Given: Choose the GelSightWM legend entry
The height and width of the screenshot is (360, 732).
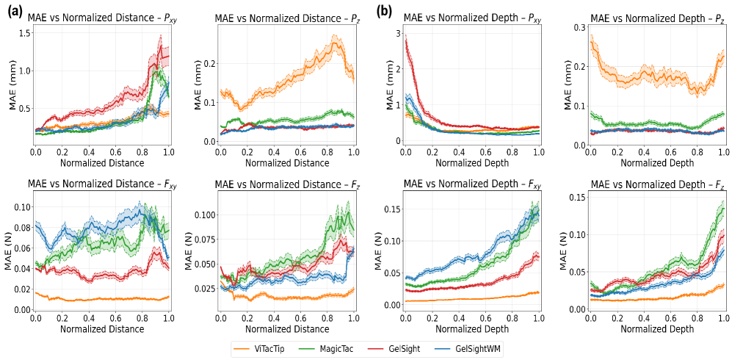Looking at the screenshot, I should (481, 346).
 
